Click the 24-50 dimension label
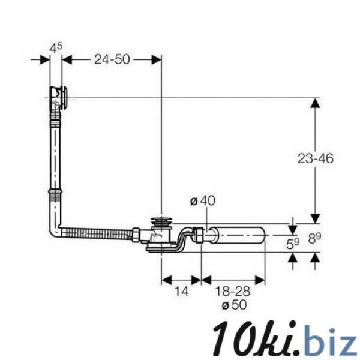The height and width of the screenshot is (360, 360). [x=112, y=59]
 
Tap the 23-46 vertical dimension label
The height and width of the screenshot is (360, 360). [x=316, y=158]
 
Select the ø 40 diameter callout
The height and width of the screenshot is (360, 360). [x=203, y=201]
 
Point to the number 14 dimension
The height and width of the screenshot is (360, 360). [x=182, y=292]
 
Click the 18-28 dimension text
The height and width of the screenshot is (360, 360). [x=233, y=292]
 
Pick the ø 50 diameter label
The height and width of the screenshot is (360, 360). [x=234, y=305]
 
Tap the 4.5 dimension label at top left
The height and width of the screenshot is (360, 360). [x=56, y=48]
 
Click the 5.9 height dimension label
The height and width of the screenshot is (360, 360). [x=293, y=244]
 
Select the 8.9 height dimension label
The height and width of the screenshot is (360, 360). [x=314, y=238]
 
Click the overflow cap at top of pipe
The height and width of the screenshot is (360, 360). [x=59, y=97]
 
